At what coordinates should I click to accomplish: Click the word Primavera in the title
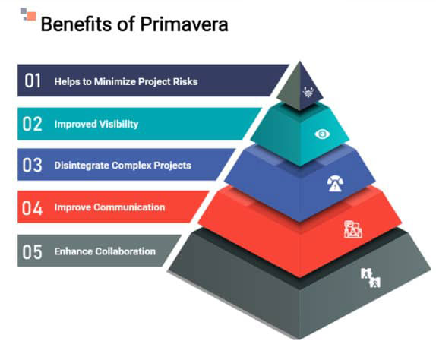tap(184, 24)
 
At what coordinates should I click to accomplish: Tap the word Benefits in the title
tap(77, 24)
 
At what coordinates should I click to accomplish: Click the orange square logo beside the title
tap(31, 17)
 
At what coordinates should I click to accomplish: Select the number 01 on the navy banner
tap(33, 81)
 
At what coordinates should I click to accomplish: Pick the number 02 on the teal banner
tap(32, 124)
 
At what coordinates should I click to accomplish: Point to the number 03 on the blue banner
tap(32, 165)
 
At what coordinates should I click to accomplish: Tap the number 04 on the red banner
tap(32, 208)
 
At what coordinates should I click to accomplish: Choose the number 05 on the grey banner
tap(32, 252)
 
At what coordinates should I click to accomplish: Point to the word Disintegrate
tap(81, 166)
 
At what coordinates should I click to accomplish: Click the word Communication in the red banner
tap(129, 207)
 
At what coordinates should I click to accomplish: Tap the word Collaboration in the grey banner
tap(125, 251)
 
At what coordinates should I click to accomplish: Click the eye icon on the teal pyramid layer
tap(322, 134)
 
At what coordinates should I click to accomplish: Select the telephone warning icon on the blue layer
tap(335, 184)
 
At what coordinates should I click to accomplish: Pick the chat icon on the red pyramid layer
tap(353, 229)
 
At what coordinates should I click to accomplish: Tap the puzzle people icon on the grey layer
tap(371, 277)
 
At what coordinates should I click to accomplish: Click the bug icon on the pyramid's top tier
tap(308, 92)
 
